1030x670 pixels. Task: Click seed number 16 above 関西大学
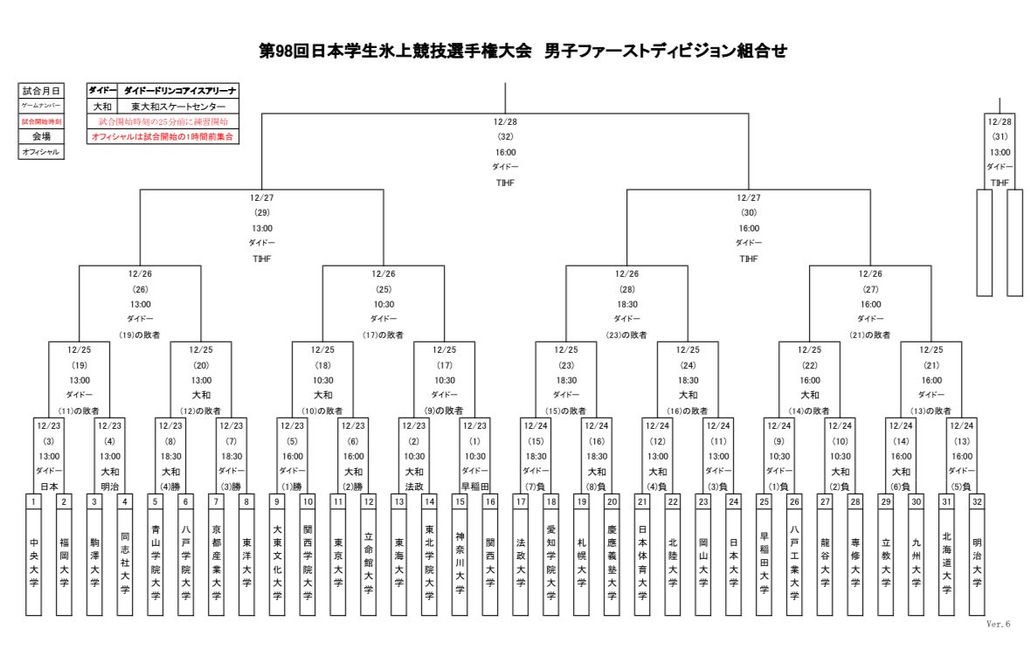coord(490,501)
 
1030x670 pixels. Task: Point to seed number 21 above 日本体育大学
coord(642,501)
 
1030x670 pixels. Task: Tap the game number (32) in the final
coord(505,136)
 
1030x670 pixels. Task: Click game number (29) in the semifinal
coord(262,212)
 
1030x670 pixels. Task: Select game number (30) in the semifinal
coord(749,212)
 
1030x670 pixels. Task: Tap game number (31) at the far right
coord(999,136)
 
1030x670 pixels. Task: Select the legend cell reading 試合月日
coord(41,91)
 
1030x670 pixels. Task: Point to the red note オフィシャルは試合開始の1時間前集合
coord(164,137)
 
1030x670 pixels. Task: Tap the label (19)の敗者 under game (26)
coord(140,335)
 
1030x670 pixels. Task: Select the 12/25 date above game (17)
coord(445,349)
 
